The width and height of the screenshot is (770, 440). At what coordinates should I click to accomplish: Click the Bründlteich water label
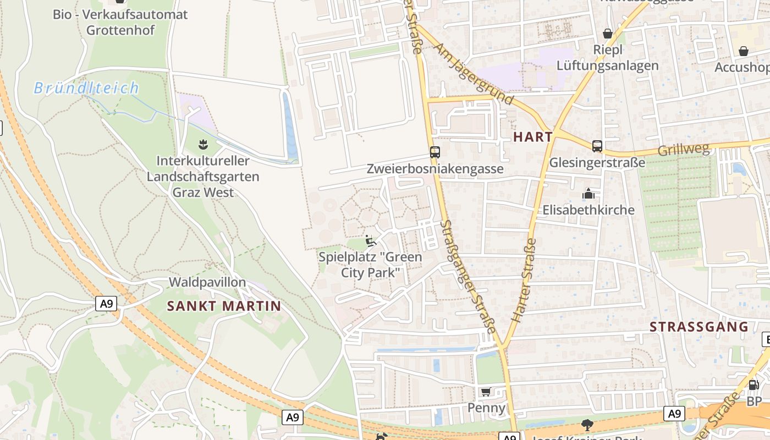86,88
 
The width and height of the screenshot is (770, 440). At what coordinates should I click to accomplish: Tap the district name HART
532,137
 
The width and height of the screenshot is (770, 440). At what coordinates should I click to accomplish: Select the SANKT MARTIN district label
224,306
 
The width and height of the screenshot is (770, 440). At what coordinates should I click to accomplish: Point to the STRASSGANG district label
699,327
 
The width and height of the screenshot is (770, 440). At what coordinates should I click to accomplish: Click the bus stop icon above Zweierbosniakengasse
435,152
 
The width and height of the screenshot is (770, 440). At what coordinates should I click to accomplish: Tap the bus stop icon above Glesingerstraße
597,146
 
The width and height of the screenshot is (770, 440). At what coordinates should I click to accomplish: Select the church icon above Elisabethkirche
588,194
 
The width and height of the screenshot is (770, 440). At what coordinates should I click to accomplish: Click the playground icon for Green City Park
371,241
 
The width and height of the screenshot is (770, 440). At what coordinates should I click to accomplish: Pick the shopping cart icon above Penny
486,392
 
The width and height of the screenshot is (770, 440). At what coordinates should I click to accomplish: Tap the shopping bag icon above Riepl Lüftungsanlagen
608,34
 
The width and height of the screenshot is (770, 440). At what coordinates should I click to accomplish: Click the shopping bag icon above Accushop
744,51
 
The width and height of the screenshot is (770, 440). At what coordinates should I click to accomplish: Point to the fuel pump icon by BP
754,385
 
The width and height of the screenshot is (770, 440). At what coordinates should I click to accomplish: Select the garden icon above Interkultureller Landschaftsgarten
203,145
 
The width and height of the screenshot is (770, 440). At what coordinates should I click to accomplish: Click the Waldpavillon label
207,282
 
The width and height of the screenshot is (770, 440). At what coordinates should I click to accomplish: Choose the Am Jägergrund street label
474,74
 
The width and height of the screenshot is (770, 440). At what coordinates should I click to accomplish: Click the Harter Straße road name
524,280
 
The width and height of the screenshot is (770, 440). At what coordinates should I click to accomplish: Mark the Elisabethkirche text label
588,210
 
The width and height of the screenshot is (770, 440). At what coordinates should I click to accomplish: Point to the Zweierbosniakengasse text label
435,169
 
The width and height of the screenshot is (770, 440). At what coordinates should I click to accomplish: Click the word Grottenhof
120,30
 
